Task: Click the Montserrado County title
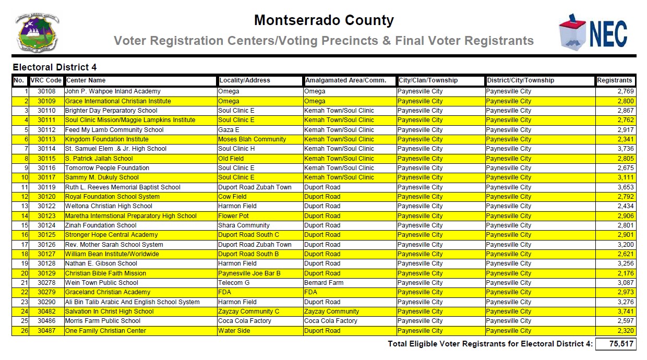(x=323, y=21)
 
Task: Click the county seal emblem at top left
(x=38, y=32)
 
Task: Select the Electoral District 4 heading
(x=55, y=67)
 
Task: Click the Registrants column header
(x=615, y=81)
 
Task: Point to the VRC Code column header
(x=46, y=81)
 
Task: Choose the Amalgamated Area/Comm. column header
(x=345, y=81)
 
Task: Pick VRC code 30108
(x=46, y=92)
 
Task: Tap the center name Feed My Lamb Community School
(x=114, y=130)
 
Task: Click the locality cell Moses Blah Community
(x=252, y=139)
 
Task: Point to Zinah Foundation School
(x=101, y=225)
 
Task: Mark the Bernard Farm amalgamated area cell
(x=323, y=283)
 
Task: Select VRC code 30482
(x=46, y=311)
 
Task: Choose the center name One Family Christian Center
(x=105, y=331)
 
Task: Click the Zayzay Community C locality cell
(x=248, y=311)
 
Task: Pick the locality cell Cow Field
(x=232, y=197)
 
